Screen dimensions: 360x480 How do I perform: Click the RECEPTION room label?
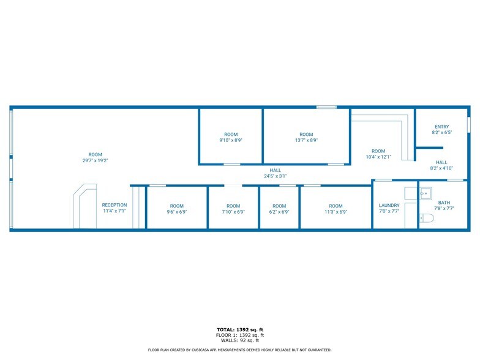click(x=114, y=205)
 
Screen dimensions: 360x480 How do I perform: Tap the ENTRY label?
click(x=441, y=126)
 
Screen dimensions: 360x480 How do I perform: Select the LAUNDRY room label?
click(x=389, y=205)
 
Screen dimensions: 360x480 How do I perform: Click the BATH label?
click(x=444, y=202)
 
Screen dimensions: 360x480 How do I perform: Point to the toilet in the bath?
click(x=427, y=218)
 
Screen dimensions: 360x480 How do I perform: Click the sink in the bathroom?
click(x=426, y=193)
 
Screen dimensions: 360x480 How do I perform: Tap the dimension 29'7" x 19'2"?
click(x=95, y=160)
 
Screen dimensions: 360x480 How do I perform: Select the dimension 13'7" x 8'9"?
click(x=306, y=140)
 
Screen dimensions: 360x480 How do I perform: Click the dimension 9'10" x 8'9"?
click(x=230, y=140)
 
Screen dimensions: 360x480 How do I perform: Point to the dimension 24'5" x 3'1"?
click(x=275, y=176)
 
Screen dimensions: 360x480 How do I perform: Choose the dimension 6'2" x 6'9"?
click(x=279, y=212)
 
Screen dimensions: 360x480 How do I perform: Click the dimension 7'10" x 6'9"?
click(x=233, y=212)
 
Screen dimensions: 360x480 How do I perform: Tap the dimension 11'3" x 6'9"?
click(x=336, y=212)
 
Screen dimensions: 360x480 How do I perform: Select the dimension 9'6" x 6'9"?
click(x=176, y=212)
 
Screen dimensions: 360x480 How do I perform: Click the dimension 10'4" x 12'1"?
click(x=378, y=157)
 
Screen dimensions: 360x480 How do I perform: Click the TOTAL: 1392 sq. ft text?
click(x=239, y=329)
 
